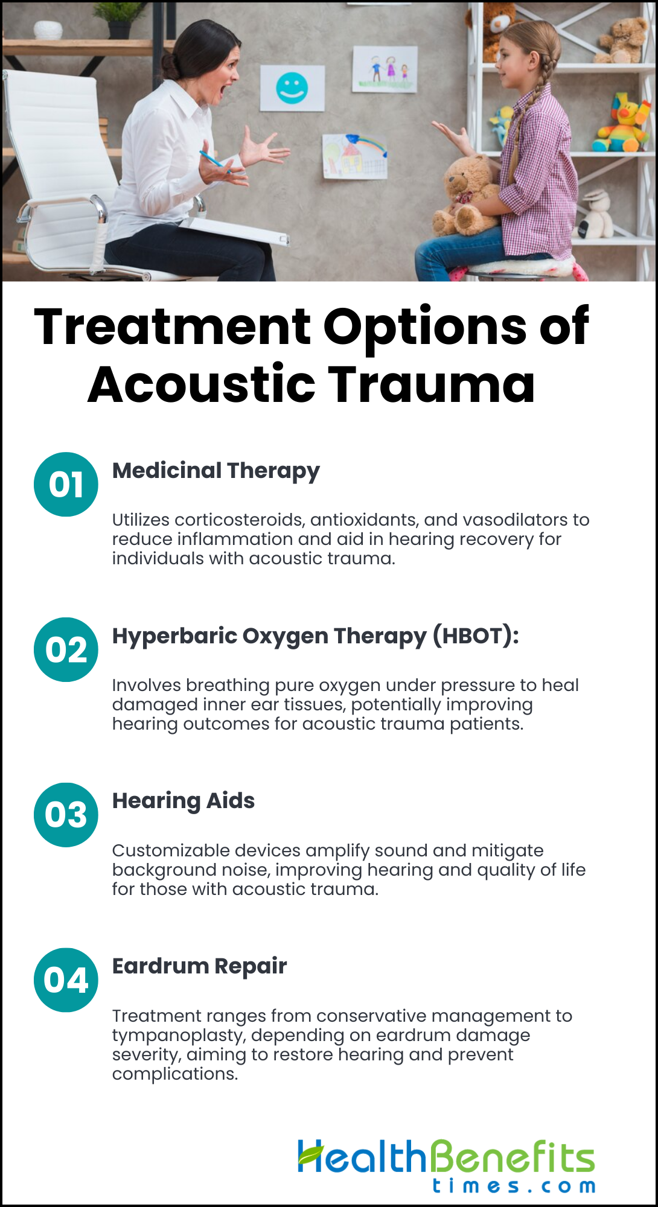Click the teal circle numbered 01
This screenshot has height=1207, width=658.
66,484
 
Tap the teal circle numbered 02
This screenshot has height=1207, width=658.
66,649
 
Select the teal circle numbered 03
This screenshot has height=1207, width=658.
66,815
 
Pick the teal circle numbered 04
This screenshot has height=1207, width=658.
66,980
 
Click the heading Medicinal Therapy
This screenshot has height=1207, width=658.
216,471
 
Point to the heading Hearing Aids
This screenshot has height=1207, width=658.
184,801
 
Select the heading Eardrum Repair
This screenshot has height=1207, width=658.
200,966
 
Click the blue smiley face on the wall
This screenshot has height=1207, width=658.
292,88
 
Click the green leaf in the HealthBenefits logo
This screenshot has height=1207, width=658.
311,1154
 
